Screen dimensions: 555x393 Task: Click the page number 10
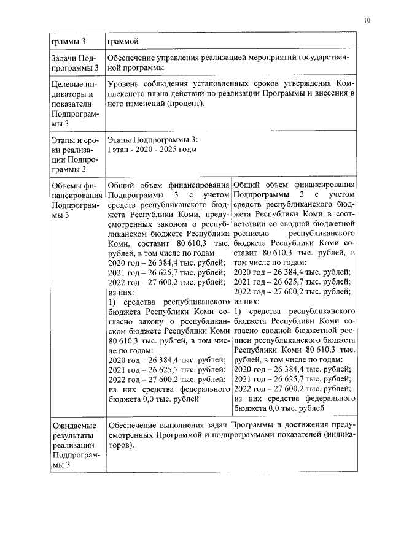click(x=367, y=20)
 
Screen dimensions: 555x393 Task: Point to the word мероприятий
click(x=248, y=58)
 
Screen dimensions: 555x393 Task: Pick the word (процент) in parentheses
click(x=184, y=104)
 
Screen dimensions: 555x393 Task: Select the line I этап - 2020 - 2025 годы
click(x=152, y=149)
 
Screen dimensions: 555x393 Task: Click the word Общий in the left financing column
click(x=120, y=185)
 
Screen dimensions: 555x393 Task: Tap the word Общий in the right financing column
click(x=247, y=185)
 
